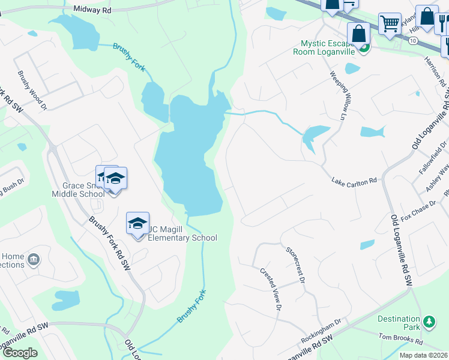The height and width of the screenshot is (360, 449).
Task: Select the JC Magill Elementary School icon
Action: click(137, 223)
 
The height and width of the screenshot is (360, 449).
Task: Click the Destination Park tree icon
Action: click(429, 322)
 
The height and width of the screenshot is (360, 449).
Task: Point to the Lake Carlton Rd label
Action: click(355, 179)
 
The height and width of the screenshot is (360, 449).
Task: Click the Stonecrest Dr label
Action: click(295, 264)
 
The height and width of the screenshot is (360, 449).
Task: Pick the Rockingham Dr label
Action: click(321, 330)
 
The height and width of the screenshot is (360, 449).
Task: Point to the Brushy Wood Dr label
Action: click(32, 91)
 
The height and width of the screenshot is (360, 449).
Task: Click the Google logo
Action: click(19, 352)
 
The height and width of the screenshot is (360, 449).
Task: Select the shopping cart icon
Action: click(390, 24)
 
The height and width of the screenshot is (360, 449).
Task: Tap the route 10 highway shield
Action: click(413, 41)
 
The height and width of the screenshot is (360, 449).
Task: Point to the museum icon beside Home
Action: click(34, 260)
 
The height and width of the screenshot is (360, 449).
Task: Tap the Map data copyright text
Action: click(424, 355)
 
